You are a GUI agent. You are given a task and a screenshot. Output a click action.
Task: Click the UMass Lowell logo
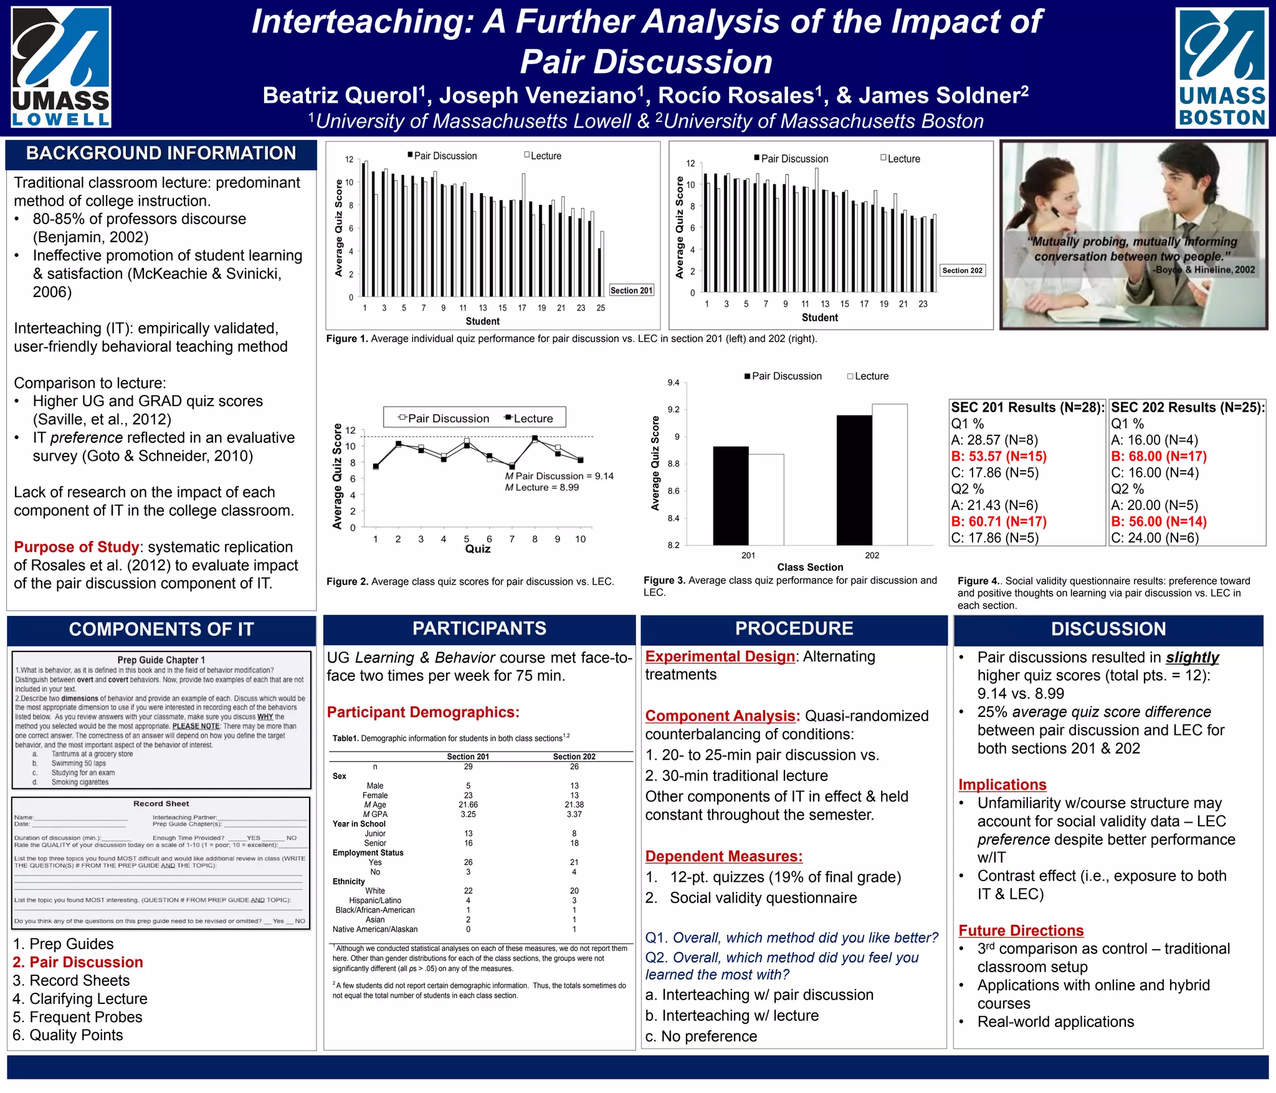pos(61,67)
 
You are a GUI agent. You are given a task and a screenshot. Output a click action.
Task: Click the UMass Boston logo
pos(1221,68)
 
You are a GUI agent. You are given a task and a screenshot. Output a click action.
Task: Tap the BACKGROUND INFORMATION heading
pos(161,153)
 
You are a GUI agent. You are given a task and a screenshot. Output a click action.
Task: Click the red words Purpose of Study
pos(76,547)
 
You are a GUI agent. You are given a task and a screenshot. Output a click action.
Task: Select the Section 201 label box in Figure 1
pos(631,290)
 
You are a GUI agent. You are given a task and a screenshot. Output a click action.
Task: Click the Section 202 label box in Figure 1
pos(962,270)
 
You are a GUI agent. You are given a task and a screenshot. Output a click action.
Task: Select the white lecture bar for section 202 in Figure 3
pos(889,474)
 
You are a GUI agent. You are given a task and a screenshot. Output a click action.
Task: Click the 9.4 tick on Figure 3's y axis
pos(674,382)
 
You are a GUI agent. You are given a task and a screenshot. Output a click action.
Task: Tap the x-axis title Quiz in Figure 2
pos(477,549)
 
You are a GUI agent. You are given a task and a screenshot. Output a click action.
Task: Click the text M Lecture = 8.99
pos(542,487)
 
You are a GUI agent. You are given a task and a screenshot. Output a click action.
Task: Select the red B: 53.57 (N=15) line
pos(999,457)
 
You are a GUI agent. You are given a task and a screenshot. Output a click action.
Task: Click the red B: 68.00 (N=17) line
pos(1159,457)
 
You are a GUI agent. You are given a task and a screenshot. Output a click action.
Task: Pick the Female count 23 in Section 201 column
pos(468,795)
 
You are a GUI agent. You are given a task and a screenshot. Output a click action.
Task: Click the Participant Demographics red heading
pos(423,712)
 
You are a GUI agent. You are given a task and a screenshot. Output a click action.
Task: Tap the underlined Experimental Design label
pos(720,656)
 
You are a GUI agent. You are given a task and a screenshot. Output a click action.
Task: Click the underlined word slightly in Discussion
pos(1192,658)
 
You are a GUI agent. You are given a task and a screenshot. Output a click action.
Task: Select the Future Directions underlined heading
pos(1021,930)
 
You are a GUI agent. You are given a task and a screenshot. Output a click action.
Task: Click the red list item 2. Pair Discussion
pos(78,962)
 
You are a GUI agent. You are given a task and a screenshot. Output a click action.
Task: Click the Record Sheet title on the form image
pos(161,804)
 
